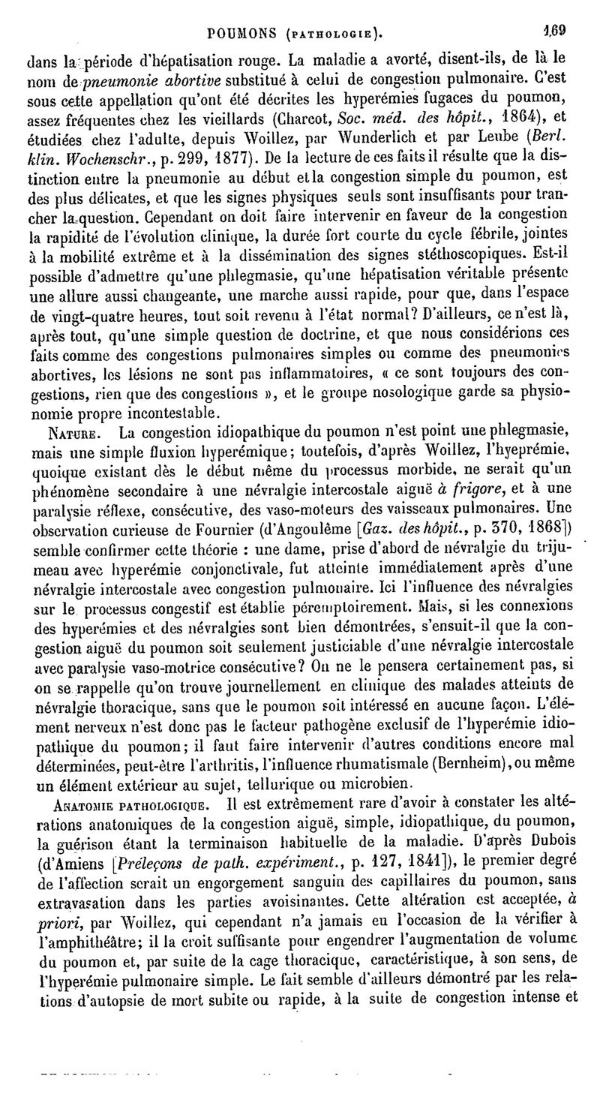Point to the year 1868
tap(550, 531)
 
